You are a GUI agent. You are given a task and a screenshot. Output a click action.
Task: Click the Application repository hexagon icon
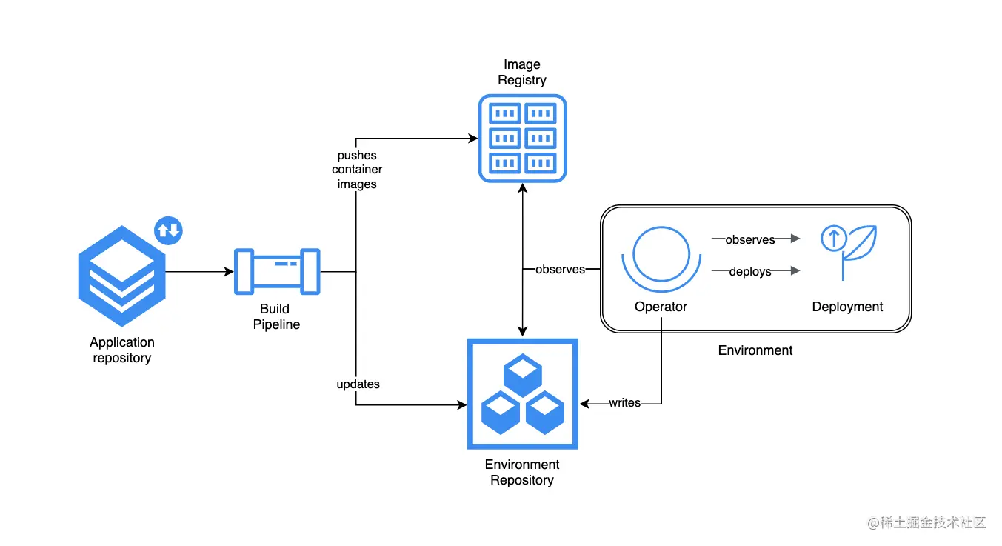[121, 276]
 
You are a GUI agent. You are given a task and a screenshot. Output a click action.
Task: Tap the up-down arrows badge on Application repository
[168, 230]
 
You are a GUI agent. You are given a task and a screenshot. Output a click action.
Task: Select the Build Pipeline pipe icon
[277, 271]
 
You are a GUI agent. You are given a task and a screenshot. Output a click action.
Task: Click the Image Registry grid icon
[522, 139]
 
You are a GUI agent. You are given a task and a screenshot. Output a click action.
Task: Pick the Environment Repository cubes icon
[522, 394]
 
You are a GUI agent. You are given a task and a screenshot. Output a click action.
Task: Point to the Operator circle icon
[661, 259]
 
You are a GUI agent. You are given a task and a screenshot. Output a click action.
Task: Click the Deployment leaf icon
[848, 253]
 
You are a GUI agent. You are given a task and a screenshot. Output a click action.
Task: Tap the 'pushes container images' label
[357, 170]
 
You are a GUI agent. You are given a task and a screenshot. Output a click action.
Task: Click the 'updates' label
[358, 384]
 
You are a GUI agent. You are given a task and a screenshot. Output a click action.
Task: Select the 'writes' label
[624, 403]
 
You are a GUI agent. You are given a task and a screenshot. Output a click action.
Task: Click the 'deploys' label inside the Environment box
[750, 271]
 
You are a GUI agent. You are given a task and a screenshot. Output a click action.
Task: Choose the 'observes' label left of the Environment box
[560, 269]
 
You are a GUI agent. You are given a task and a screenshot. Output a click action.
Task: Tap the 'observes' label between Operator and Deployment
[750, 239]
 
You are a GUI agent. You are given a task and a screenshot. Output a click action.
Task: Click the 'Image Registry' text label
[522, 72]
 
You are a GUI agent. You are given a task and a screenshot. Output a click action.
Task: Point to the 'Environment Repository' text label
[522, 472]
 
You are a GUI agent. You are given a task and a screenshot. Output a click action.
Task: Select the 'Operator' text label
[661, 307]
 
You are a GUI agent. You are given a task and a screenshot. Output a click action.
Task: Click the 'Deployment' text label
[847, 307]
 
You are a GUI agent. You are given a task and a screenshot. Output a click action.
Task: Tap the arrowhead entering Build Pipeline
[229, 271]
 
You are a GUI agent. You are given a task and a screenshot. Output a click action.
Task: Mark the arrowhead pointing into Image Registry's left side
[472, 139]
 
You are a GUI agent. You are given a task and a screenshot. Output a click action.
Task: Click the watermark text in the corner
[926, 522]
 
